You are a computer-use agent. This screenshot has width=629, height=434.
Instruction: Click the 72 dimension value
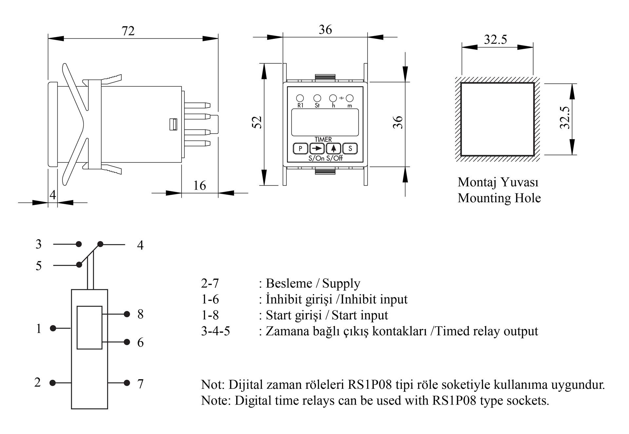point(128,31)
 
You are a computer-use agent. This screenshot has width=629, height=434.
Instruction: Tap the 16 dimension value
point(200,186)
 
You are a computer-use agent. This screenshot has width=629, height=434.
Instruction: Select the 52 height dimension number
point(257,122)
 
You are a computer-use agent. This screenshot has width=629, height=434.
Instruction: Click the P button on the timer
point(300,149)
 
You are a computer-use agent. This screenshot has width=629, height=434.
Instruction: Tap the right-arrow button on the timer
point(317,149)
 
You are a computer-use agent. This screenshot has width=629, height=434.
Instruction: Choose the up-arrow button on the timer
point(334,149)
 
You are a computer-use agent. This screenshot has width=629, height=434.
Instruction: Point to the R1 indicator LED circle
point(300,98)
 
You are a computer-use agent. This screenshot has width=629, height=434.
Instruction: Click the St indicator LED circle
point(317,98)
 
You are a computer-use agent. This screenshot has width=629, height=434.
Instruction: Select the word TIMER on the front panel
point(323,139)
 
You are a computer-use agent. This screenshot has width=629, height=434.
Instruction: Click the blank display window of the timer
point(325,122)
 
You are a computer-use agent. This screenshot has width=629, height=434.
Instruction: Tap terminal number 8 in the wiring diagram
point(141,314)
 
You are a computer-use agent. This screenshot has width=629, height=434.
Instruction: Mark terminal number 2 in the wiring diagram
point(38,382)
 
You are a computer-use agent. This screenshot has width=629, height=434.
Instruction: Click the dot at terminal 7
point(127,383)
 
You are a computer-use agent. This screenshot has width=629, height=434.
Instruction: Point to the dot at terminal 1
point(53,328)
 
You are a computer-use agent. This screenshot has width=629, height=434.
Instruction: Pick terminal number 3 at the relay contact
point(39,244)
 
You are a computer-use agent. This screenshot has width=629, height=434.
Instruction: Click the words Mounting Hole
point(499,198)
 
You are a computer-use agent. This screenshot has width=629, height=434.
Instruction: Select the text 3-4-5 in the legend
point(216,331)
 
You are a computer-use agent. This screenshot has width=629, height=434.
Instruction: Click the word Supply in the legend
point(341,283)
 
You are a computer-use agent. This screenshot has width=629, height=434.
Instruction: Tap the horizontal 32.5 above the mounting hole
point(495,40)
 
